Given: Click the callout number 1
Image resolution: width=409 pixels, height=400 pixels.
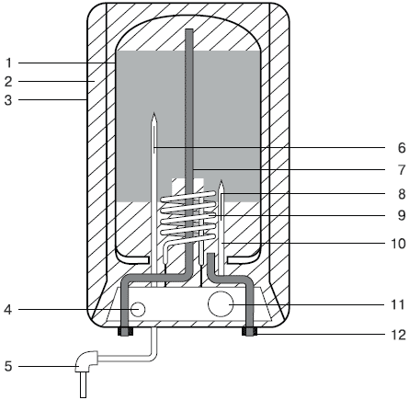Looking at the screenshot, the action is pyautogui.click(x=8, y=63).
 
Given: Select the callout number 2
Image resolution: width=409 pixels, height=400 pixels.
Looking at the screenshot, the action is pyautogui.click(x=8, y=81).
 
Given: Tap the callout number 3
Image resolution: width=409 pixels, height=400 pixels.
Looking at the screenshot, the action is pyautogui.click(x=8, y=100).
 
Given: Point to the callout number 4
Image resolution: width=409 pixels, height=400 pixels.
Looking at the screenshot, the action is pyautogui.click(x=8, y=310).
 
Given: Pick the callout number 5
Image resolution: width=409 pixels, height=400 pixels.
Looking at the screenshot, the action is pyautogui.click(x=8, y=366).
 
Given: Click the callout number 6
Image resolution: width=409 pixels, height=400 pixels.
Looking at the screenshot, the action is pyautogui.click(x=402, y=148).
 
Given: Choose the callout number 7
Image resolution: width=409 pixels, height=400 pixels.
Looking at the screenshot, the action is pyautogui.click(x=402, y=170).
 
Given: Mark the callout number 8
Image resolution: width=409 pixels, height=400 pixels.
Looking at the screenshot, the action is pyautogui.click(x=402, y=194).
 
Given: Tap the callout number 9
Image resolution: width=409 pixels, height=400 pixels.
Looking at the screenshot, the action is pyautogui.click(x=402, y=215).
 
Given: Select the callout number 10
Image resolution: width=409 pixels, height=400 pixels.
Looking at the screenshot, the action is pyautogui.click(x=399, y=244).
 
